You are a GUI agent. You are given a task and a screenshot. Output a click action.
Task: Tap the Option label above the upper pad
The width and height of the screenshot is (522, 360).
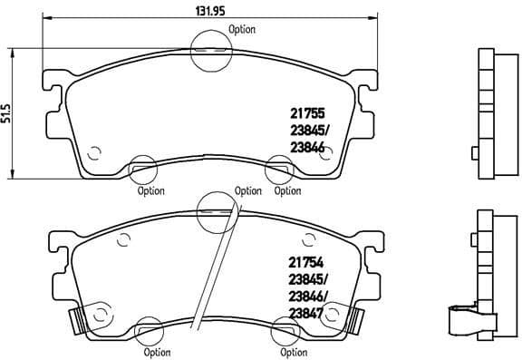click(242, 29)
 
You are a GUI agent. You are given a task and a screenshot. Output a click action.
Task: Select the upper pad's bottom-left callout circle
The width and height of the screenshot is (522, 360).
click(142, 168)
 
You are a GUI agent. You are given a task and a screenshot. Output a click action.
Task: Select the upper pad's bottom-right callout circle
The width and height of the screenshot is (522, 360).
click(279, 168)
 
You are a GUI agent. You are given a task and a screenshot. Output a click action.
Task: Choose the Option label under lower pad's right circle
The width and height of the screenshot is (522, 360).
click(293, 352)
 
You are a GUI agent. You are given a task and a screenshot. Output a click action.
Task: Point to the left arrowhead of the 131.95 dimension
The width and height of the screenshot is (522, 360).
click(47, 19)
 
